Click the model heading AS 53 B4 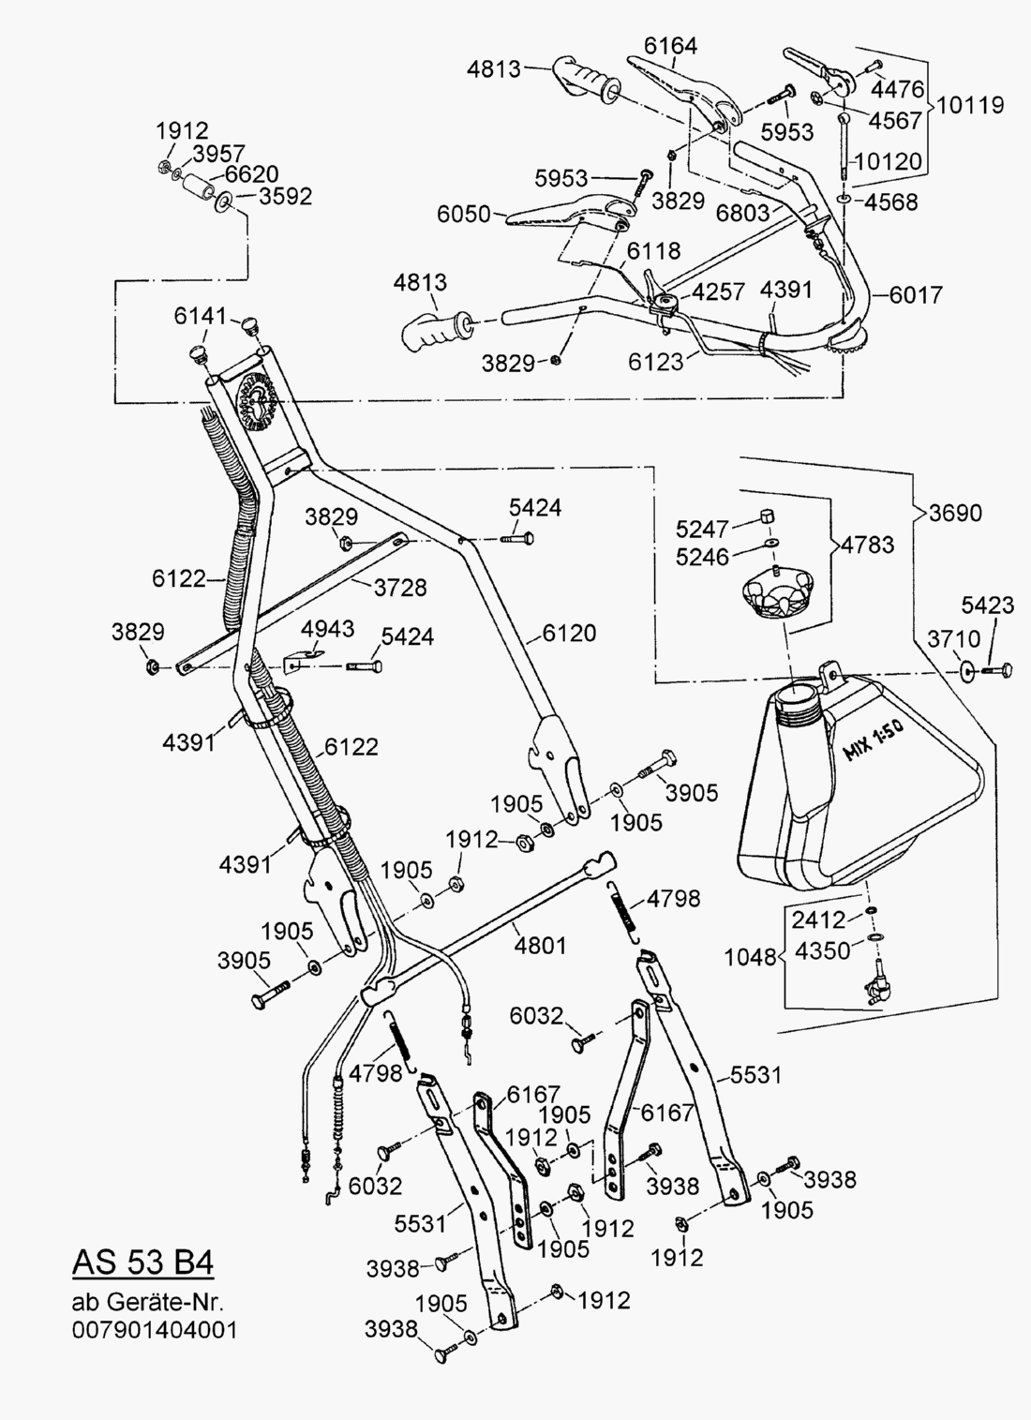tap(142, 1262)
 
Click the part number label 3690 tap(956, 513)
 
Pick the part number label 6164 tap(670, 45)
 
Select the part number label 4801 tap(540, 945)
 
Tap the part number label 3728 tap(400, 588)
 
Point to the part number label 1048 tap(750, 957)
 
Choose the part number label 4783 tap(867, 544)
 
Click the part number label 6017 tap(916, 294)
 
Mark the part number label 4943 tap(327, 627)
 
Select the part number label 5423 tap(987, 605)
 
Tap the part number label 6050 tap(464, 214)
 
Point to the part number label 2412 tap(819, 919)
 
